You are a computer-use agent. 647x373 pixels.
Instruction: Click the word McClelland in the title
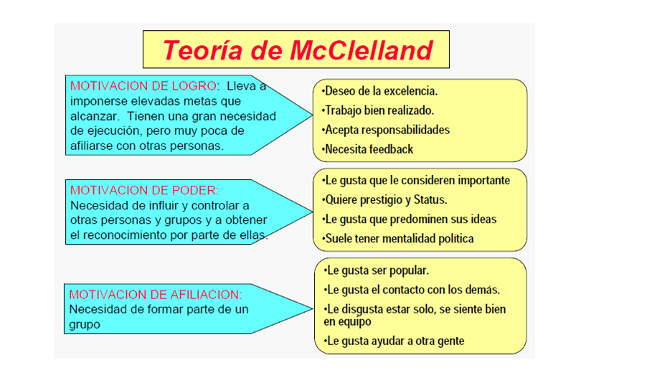coord(361,50)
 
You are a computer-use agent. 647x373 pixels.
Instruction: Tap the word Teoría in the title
coord(202,50)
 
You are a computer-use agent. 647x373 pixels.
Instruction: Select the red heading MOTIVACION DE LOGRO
coord(143,86)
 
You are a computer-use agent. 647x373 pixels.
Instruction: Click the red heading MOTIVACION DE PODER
coord(144,190)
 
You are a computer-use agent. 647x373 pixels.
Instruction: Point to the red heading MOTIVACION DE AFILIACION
coord(156,295)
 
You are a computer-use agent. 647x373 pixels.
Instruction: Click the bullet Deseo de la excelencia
coord(379,91)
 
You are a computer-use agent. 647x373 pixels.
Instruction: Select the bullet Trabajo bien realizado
coord(378,110)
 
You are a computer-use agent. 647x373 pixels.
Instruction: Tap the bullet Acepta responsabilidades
coord(386,130)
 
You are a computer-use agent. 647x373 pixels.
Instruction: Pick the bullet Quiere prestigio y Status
coord(384,199)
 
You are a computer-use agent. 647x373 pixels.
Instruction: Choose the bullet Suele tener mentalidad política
coord(398,238)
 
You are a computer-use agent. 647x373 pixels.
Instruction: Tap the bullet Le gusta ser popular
coord(377,270)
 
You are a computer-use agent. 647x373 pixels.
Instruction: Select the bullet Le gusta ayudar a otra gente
coord(394,341)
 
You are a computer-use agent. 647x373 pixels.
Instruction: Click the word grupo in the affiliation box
coord(85,325)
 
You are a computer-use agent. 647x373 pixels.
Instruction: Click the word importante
coord(484,181)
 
